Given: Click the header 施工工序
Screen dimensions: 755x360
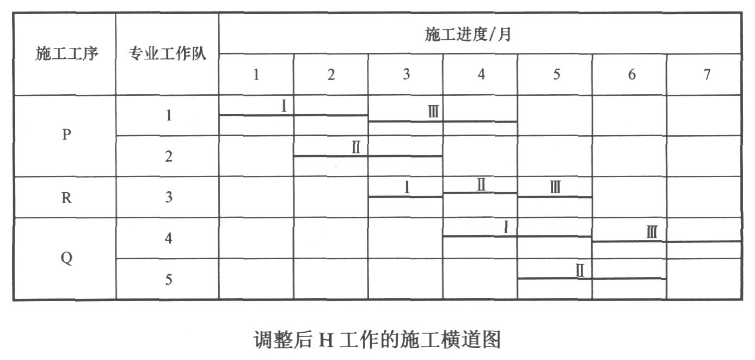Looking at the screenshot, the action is pos(67,53).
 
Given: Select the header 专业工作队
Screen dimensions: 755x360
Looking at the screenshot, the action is pos(167,53).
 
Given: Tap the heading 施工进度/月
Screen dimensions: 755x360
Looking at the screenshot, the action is pos(468,34).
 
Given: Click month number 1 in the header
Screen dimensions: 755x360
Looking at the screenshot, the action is pos(256,75).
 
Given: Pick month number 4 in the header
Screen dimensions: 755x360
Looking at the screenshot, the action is pos(481,74).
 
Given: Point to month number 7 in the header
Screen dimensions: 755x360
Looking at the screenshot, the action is pos(707,74).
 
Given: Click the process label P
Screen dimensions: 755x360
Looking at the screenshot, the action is pos(66,135).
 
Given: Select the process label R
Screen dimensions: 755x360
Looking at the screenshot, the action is pos(66,198).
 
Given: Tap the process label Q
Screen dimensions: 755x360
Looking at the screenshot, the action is pos(66,259).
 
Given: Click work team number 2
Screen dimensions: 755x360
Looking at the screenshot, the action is pos(169,156).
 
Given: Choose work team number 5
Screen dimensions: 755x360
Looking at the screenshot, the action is pos(169,279).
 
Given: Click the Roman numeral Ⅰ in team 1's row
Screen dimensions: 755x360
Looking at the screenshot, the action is pos(284,106).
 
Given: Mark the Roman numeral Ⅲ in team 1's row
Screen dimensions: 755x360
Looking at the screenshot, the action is pos(433,111).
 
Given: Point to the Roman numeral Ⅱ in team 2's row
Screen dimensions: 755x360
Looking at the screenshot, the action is pos(356,148).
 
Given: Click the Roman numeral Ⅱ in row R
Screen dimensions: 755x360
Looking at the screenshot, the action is pos(481,185).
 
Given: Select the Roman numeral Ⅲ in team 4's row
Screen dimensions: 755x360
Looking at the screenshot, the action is pos(652,232).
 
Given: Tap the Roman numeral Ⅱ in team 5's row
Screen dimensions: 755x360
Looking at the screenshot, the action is pos(580,271).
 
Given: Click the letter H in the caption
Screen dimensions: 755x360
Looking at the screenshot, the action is pos(326,340).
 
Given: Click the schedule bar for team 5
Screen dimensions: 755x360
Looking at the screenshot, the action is pos(592,278).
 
